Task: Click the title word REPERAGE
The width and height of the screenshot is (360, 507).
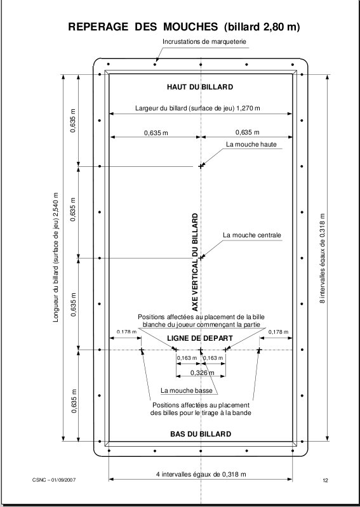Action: click(98, 27)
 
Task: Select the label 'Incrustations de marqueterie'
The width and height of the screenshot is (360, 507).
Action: click(204, 42)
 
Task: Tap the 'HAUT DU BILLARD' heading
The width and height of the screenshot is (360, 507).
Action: click(200, 87)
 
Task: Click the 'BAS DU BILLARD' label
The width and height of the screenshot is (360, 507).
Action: click(201, 434)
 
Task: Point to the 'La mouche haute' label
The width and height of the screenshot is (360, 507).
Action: click(251, 145)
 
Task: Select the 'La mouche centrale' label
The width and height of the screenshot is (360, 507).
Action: click(252, 235)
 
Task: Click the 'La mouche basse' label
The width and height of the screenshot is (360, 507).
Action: click(187, 391)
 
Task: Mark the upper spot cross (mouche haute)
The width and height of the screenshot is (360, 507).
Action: click(201, 166)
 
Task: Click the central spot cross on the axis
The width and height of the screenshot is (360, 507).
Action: click(201, 258)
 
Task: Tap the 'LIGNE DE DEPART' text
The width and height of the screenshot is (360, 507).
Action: click(200, 338)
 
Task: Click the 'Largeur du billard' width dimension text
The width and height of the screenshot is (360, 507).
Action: click(197, 109)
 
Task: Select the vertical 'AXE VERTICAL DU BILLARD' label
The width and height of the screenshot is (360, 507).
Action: click(195, 262)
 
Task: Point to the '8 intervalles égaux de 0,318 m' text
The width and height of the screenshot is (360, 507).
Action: click(323, 258)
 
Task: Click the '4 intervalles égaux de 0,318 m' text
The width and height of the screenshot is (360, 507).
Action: click(201, 475)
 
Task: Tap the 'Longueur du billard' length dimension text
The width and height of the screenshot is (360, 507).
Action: click(56, 258)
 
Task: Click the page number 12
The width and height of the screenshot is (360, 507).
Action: click(325, 480)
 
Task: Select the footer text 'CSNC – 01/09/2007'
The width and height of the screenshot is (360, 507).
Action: click(54, 480)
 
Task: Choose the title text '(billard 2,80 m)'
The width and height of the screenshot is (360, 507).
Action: click(262, 27)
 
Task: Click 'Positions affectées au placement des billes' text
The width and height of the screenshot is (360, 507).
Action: click(201, 409)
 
